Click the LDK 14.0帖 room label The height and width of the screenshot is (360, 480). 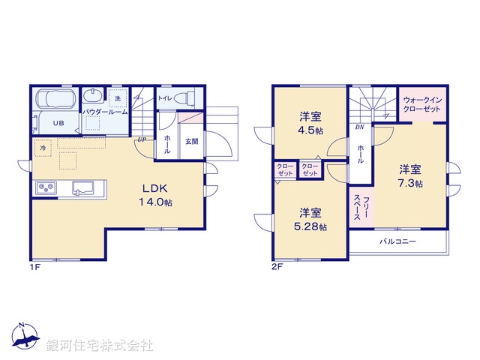click(155, 195)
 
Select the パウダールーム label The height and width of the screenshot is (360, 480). click(105, 112)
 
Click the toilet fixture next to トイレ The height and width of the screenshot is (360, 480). click(188, 97)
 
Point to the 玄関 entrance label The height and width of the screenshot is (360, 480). click(191, 141)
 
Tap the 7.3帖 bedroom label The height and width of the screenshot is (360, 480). click(409, 175)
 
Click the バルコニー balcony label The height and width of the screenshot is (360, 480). click(397, 241)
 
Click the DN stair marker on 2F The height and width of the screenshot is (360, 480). click(359, 127)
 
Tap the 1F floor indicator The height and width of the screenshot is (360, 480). click(34, 266)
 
